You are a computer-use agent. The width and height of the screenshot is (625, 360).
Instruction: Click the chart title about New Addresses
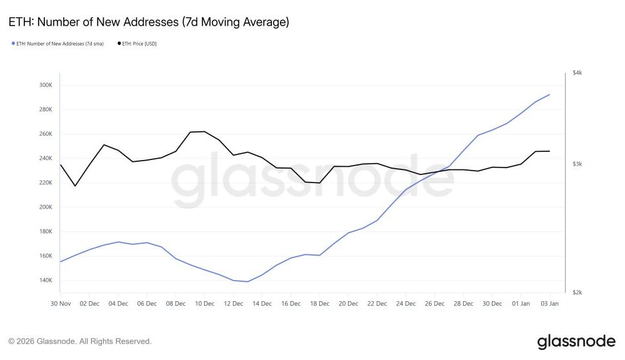149,22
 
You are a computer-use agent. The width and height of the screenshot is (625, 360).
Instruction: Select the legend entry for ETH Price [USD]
137,44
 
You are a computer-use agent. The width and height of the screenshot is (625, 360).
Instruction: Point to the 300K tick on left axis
46,85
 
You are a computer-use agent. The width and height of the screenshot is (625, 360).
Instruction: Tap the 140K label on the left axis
46,280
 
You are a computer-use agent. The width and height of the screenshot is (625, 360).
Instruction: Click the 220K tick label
46,182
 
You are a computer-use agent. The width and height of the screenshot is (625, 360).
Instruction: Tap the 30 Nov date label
60,304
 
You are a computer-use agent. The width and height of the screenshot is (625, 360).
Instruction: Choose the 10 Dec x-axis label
204,304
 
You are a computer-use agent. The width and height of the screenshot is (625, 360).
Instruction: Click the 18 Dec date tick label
319,304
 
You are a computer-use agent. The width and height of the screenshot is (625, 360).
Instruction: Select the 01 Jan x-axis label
521,304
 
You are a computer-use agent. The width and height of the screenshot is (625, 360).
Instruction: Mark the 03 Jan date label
549,304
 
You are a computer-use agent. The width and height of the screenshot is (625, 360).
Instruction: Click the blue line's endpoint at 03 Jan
549,94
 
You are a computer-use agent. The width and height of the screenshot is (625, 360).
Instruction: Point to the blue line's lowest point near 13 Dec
247,281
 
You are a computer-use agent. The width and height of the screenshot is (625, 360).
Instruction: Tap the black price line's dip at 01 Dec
75,186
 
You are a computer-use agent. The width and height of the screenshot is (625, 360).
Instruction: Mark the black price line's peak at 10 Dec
204,131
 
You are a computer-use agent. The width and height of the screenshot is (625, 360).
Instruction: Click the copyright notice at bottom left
80,341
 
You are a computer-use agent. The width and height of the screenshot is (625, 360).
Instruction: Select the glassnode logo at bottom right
576,341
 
